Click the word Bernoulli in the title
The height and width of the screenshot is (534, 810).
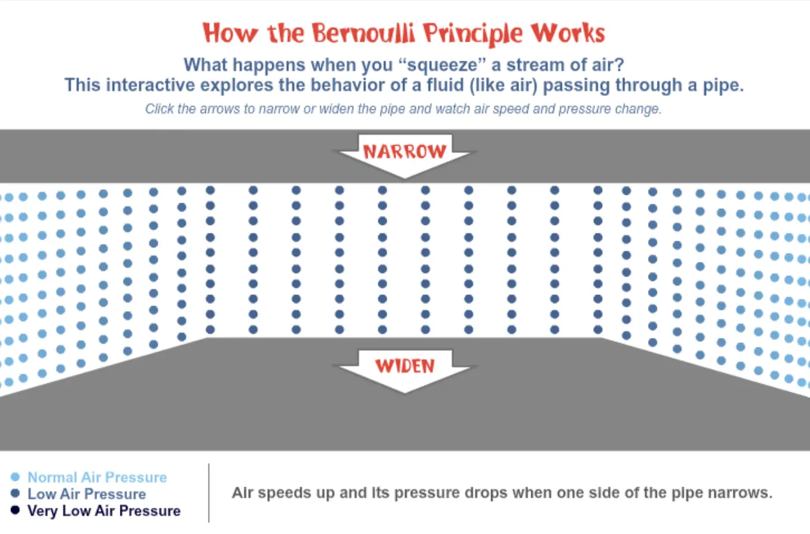pyautogui.click(x=364, y=33)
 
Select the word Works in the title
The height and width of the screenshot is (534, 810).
pyautogui.click(x=568, y=33)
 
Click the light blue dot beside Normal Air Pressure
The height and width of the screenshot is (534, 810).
pyautogui.click(x=15, y=477)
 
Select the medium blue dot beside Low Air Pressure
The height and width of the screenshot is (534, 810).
pyautogui.click(x=15, y=493)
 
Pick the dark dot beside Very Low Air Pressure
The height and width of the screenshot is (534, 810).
pyautogui.click(x=15, y=510)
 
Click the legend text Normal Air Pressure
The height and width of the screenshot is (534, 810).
pyautogui.click(x=98, y=477)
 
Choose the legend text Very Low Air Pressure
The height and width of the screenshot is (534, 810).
pyautogui.click(x=104, y=511)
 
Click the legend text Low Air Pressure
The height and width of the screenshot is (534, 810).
pyautogui.click(x=87, y=494)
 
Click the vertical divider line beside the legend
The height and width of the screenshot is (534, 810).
pyautogui.click(x=209, y=492)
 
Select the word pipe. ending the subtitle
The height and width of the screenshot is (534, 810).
pyautogui.click(x=723, y=86)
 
